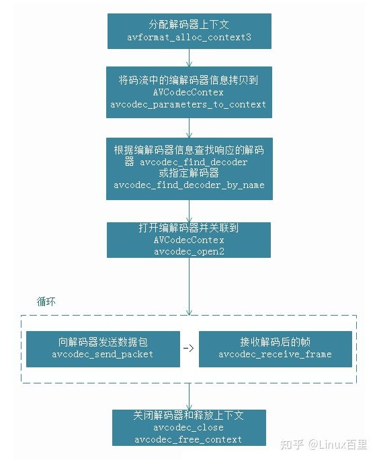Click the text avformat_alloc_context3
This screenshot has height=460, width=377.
[x=189, y=38]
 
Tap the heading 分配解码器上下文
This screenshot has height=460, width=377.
[x=189, y=24]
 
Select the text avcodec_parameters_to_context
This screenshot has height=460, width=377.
[x=188, y=105]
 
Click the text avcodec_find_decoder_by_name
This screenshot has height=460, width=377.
[x=190, y=185]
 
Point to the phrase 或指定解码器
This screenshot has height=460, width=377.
[x=189, y=173]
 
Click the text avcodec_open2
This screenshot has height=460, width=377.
[x=189, y=252]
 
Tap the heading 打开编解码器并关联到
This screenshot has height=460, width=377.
[x=188, y=228]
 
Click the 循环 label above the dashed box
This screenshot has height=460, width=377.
[x=46, y=302]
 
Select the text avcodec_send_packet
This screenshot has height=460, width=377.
[x=102, y=355]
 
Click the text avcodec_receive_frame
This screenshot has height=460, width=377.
[x=275, y=355]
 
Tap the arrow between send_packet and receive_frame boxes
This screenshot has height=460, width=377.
[x=189, y=349]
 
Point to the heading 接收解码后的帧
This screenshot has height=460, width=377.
[x=275, y=342]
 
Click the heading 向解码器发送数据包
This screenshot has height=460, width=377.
[x=103, y=342]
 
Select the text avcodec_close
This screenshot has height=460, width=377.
[x=188, y=428]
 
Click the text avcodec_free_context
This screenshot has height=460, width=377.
[x=188, y=439]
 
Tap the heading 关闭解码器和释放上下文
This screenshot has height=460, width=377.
[x=188, y=416]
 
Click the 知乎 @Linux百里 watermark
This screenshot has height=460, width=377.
[x=323, y=445]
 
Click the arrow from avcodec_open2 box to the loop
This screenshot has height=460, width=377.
[x=189, y=287]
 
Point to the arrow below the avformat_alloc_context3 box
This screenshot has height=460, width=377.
[x=189, y=58]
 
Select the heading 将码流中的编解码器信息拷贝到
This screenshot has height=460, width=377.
[x=188, y=80]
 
